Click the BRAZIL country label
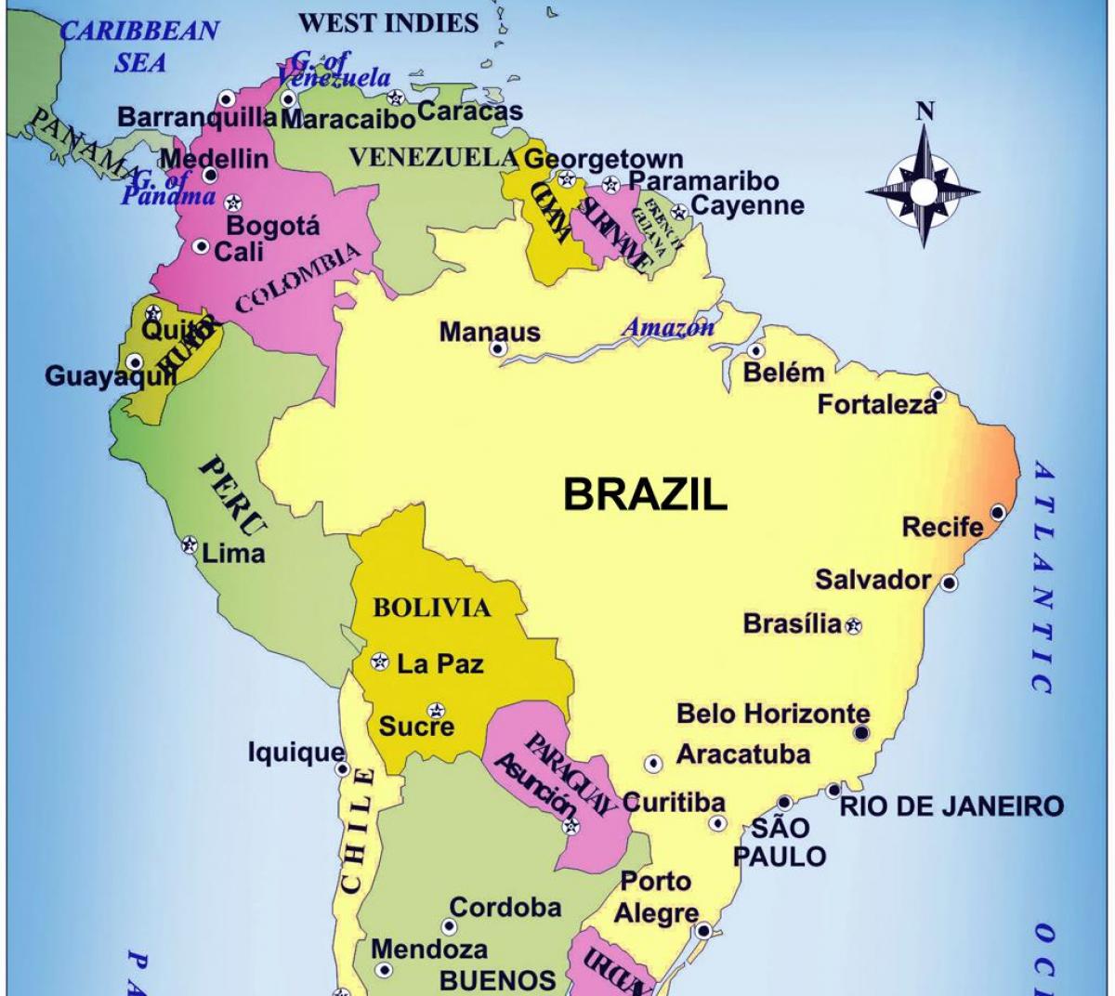pyautogui.click(x=645, y=494)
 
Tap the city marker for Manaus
pyautogui.click(x=498, y=349)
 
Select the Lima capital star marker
pyautogui.click(x=190, y=544)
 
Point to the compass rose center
pyautogui.click(x=924, y=191)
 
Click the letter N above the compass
pyautogui.click(x=925, y=112)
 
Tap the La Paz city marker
pyautogui.click(x=379, y=662)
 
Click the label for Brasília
pyautogui.click(x=792, y=623)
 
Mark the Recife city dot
pyautogui.click(x=998, y=512)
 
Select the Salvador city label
pyautogui.click(x=872, y=580)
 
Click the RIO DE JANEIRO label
pyautogui.click(x=951, y=806)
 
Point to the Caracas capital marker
pyautogui.click(x=398, y=97)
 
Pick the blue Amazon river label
pyautogui.click(x=668, y=327)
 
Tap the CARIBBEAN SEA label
pyautogui.click(x=140, y=46)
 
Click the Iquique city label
pyautogui.click(x=295, y=752)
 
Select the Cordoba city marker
pyautogui.click(x=450, y=926)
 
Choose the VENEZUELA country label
pyautogui.click(x=432, y=157)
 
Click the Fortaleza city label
pyautogui.click(x=877, y=404)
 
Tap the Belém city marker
pyautogui.click(x=756, y=351)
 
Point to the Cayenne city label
pyautogui.click(x=748, y=205)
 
